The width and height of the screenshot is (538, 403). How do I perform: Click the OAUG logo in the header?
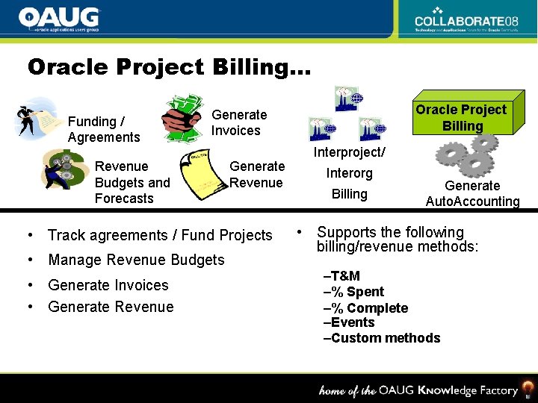coord(59,19)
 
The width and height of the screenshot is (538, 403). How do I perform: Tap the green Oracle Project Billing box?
coord(461,118)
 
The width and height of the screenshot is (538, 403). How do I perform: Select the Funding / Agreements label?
coord(104,129)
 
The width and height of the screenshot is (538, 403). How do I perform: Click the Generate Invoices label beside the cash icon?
coord(238,122)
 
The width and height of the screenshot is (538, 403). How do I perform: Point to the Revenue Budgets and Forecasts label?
coord(132,182)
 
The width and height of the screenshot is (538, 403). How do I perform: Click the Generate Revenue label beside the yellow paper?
coord(256,175)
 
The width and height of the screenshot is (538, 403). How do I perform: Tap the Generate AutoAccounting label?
coord(472,193)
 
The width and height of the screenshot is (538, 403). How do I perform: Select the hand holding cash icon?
coord(183,115)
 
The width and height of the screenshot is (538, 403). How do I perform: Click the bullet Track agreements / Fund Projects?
coord(160,235)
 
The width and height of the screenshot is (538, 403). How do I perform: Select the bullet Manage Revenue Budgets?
coord(136,260)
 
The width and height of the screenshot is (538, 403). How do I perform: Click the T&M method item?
coord(341,276)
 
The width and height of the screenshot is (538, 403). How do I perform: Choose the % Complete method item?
coord(365,308)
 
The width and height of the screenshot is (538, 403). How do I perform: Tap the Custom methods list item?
coord(381,338)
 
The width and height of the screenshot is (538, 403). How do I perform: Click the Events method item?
coord(349,322)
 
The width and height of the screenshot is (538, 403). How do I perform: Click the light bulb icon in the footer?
coord(528,388)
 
